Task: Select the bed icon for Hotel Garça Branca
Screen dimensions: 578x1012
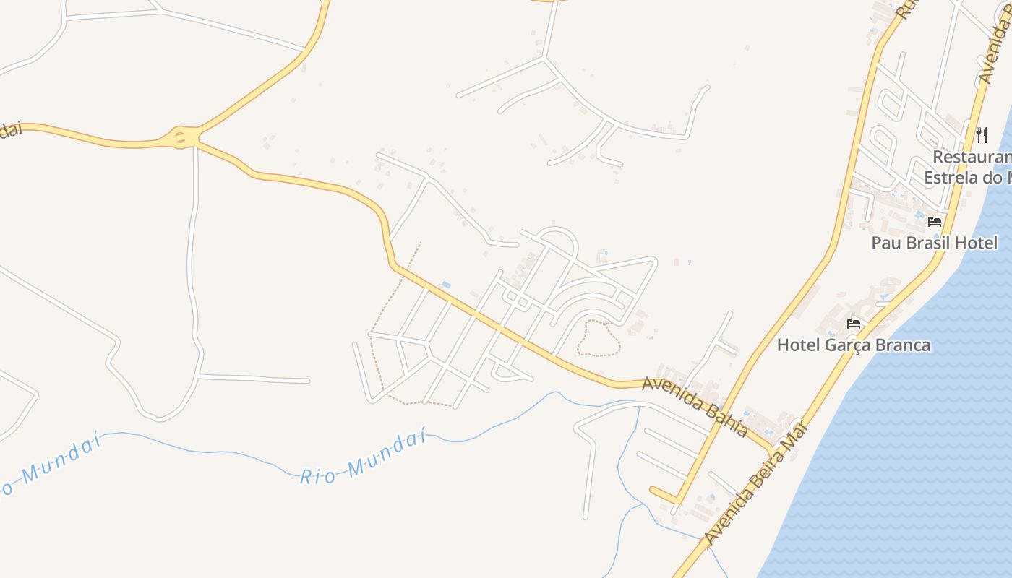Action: (854, 323)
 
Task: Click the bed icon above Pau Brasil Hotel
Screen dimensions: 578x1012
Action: (935, 221)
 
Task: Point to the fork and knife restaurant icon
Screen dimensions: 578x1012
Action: (981, 134)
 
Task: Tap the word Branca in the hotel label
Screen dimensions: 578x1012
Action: (903, 345)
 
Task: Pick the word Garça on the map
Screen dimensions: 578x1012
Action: (848, 345)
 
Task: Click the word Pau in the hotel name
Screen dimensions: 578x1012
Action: (885, 243)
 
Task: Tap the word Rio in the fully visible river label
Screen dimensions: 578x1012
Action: (318, 476)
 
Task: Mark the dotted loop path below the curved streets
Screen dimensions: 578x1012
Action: (599, 338)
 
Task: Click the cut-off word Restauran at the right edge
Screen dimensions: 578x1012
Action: (972, 157)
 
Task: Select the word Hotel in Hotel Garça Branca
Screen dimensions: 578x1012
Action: (798, 345)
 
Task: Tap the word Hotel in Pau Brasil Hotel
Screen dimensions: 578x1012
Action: (976, 243)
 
